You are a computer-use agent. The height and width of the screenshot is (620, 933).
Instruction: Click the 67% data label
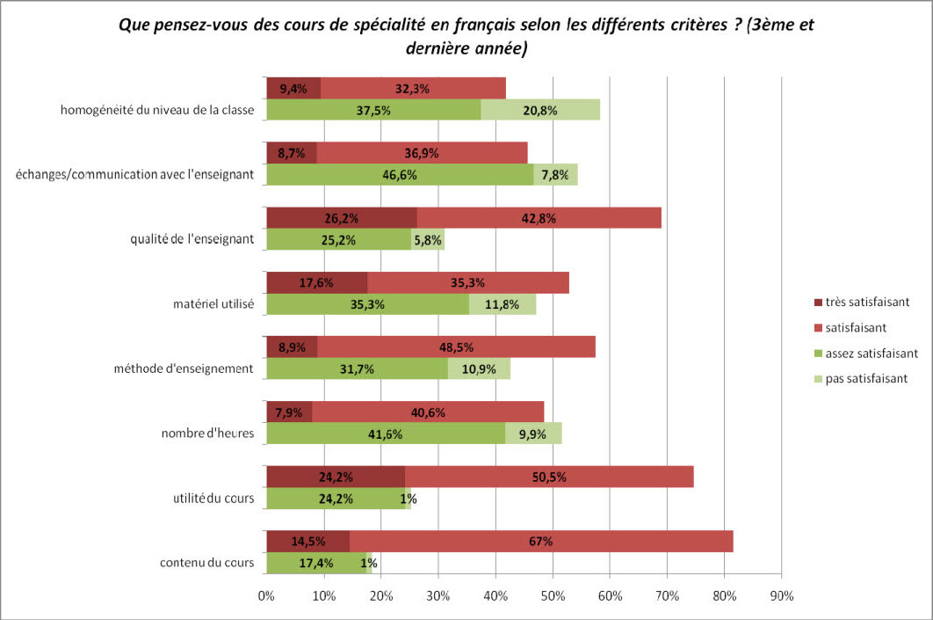pyautogui.click(x=541, y=542)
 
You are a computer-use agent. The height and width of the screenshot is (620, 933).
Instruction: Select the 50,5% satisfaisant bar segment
pyautogui.click(x=549, y=477)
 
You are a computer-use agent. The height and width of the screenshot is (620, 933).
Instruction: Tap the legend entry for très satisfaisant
pyautogui.click(x=864, y=302)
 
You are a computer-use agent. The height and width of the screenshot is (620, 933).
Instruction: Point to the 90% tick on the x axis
pyautogui.click(x=781, y=596)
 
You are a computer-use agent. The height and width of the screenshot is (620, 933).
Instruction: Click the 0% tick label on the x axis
pyautogui.click(x=266, y=596)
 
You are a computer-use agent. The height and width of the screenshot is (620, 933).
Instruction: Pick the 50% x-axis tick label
pyautogui.click(x=553, y=596)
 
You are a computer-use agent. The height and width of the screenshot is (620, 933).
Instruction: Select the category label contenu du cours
pyautogui.click(x=207, y=563)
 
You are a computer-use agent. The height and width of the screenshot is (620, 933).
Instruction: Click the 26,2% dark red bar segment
pyautogui.click(x=341, y=218)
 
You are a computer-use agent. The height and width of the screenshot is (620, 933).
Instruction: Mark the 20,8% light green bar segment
pyautogui.click(x=540, y=110)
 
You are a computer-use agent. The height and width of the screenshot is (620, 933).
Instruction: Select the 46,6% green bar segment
pyautogui.click(x=399, y=175)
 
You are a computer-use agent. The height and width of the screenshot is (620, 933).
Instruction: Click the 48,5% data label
pyautogui.click(x=457, y=347)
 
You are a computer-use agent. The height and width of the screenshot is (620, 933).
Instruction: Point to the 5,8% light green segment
pyautogui.click(x=428, y=239)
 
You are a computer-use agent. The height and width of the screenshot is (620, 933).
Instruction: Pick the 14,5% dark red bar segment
pyautogui.click(x=307, y=542)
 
